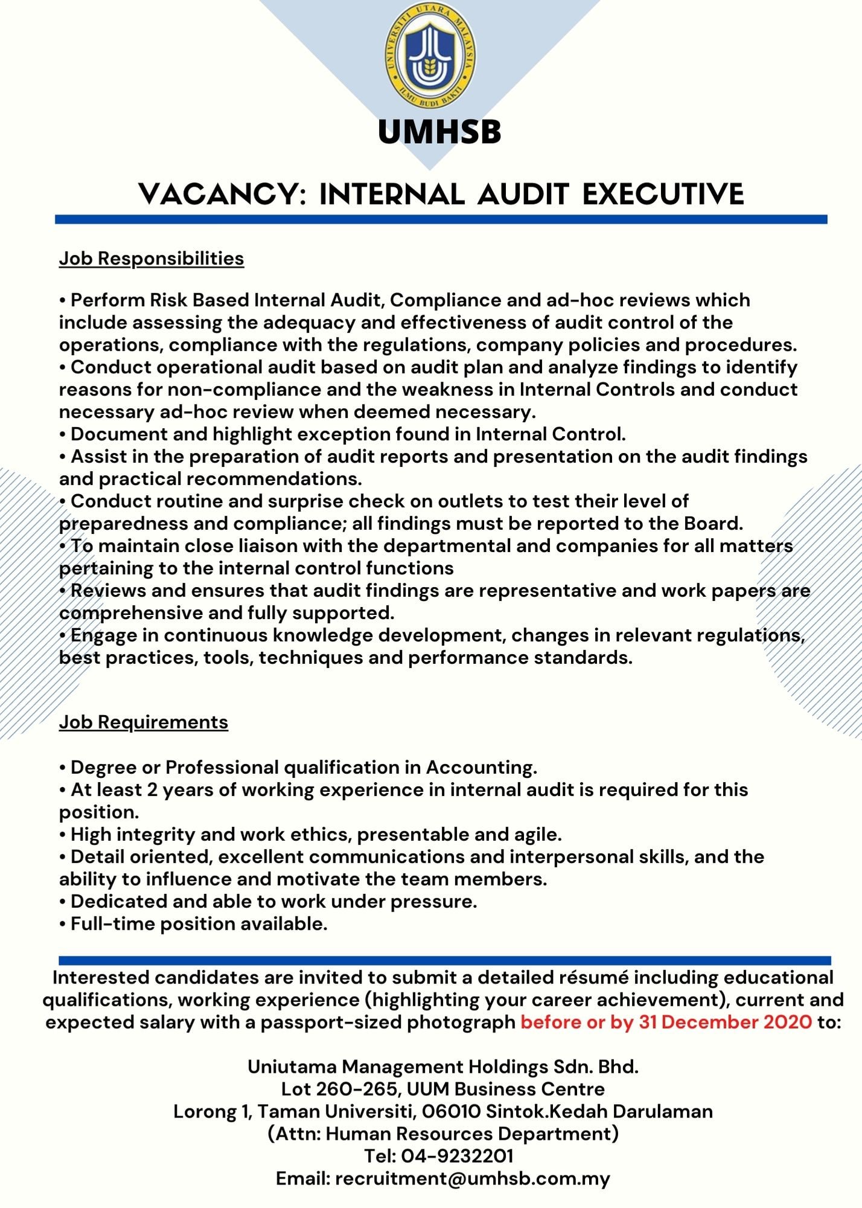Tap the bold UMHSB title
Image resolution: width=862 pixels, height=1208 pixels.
click(439, 132)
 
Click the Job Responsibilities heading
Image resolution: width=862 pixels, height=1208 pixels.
click(152, 259)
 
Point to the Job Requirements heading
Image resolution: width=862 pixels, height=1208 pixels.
click(144, 722)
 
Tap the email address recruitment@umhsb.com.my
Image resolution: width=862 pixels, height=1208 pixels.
click(473, 1178)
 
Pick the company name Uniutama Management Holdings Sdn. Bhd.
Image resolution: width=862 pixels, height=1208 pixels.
click(443, 1067)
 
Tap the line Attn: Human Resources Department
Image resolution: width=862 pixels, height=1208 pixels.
click(443, 1134)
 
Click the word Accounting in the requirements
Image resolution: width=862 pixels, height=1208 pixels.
click(481, 768)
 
